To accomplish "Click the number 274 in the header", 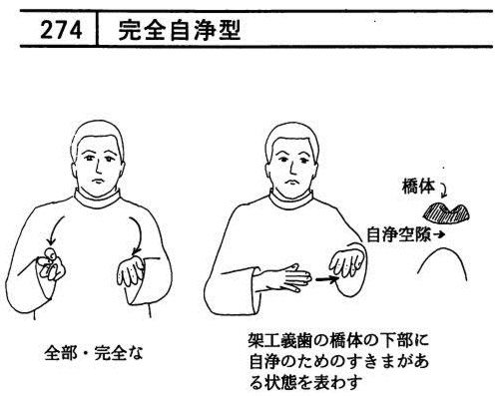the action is (x=61, y=30).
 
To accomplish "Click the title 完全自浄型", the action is (x=179, y=30).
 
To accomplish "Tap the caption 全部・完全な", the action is (x=94, y=353).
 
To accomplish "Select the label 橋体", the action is (x=418, y=187).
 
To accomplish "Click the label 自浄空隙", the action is (x=398, y=234).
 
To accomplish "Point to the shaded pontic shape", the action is (x=446, y=213).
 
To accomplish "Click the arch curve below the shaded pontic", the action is (x=443, y=249).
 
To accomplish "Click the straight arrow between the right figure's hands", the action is (x=326, y=279).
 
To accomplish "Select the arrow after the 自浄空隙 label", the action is (x=439, y=234).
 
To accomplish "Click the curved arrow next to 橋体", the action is (x=445, y=191).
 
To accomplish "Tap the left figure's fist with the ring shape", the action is (x=50, y=265).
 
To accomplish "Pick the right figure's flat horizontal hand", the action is (x=282, y=277).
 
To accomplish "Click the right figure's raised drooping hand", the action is (x=345, y=262).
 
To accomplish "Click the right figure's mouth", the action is (x=291, y=182).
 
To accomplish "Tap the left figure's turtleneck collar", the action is (x=97, y=198).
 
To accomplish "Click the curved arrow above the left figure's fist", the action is (x=54, y=229).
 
